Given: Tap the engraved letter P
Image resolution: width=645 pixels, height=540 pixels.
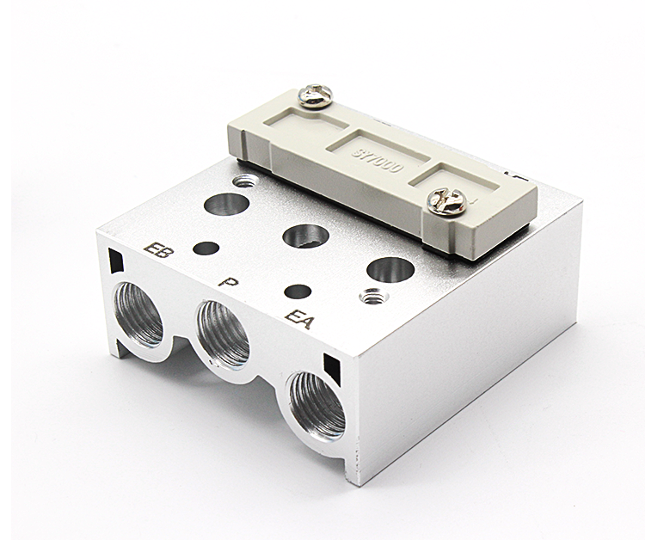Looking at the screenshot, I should point(227,282).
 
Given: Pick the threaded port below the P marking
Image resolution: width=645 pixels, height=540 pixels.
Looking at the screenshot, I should point(224,332).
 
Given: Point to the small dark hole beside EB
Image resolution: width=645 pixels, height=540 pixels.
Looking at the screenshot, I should point(206,249).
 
